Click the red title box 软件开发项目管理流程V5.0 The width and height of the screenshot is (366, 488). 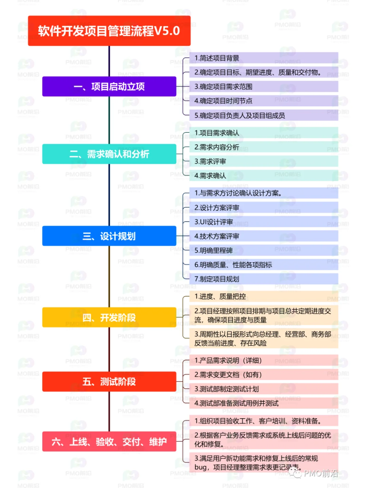click(x=109, y=31)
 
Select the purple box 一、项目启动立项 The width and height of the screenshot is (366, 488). click(x=109, y=86)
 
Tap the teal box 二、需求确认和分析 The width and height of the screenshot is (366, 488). click(x=109, y=154)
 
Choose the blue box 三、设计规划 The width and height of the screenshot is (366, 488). click(x=109, y=236)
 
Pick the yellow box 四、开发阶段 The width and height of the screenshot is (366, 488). click(x=109, y=317)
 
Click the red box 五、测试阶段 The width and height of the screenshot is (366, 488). click(x=109, y=382)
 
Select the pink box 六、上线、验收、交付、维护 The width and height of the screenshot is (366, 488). click(x=109, y=441)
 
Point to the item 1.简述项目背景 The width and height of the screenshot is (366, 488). click(x=264, y=58)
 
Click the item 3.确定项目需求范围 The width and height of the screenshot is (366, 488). click(x=264, y=86)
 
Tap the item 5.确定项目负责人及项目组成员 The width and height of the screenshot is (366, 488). click(x=264, y=115)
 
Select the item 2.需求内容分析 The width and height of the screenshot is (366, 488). click(x=264, y=147)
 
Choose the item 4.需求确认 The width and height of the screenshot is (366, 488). click(x=264, y=176)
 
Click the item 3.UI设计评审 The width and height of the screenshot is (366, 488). click(x=264, y=222)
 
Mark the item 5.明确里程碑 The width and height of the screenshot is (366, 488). click(x=264, y=250)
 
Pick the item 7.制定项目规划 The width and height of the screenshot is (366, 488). click(x=264, y=279)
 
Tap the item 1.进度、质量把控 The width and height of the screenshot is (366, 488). click(x=264, y=296)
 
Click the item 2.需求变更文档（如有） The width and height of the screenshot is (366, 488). click(x=264, y=375)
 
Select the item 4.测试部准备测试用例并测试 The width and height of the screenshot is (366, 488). click(x=264, y=403)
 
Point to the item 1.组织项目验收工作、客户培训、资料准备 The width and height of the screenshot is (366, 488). click(x=264, y=421)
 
